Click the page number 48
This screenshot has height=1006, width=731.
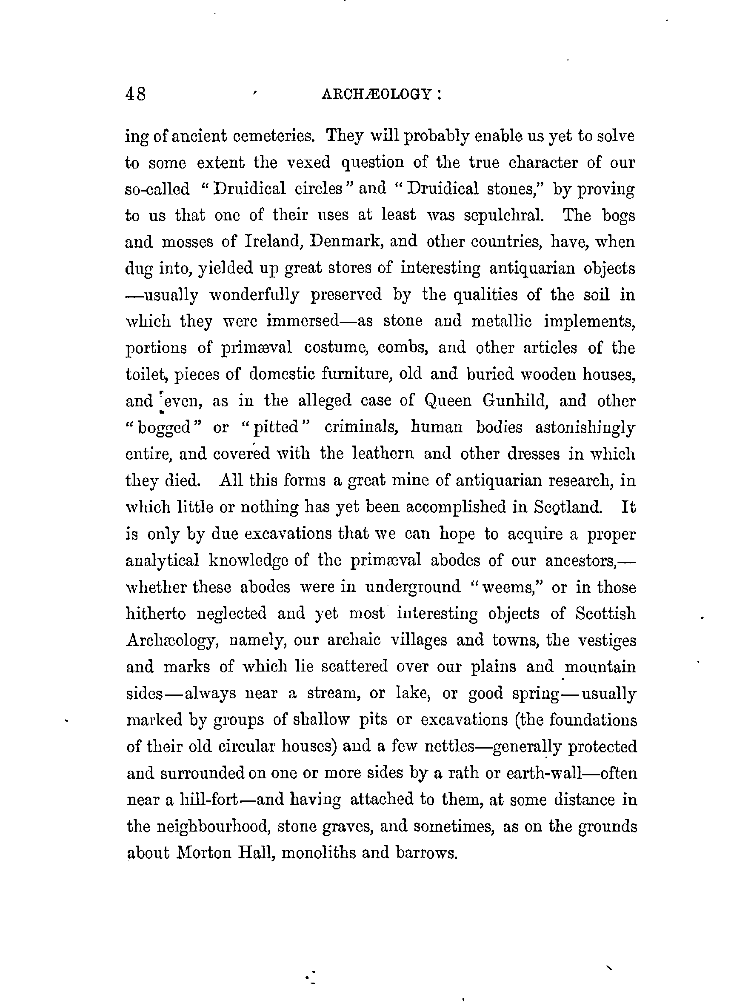pos(135,94)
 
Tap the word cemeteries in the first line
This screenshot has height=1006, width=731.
pos(274,136)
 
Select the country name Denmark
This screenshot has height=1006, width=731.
pos(348,242)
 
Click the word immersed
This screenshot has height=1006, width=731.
pos(303,321)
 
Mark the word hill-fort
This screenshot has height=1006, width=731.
pos(206,800)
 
